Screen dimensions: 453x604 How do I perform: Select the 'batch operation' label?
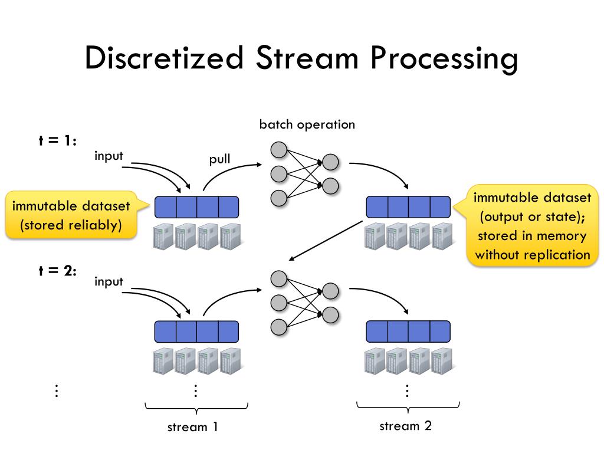click(307, 124)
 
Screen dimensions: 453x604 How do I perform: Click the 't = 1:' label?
click(58, 142)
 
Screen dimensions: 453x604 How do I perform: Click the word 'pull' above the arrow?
click(219, 159)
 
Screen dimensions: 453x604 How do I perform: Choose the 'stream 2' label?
click(405, 426)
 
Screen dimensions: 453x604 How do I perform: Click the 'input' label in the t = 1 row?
click(109, 156)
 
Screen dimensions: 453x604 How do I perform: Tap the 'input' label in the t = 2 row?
click(109, 281)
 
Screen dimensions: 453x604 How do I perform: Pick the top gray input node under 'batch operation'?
click(279, 150)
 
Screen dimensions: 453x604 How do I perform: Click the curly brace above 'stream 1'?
click(196, 407)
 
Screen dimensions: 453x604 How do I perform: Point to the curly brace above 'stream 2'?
click(408, 406)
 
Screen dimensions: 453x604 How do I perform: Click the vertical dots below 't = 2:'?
click(57, 390)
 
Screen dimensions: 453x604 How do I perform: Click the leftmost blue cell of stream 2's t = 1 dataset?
click(377, 207)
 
